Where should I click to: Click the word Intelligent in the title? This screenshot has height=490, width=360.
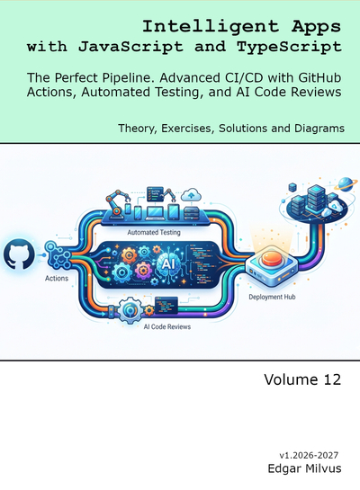coord(211,27)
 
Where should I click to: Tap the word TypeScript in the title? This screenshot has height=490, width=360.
coord(289,47)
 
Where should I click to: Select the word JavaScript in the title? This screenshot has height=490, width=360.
coord(130,47)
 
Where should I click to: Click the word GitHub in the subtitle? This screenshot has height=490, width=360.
coord(319,77)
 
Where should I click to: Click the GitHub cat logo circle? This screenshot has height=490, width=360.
coord(19,254)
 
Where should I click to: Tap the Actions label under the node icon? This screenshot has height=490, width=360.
coord(57,278)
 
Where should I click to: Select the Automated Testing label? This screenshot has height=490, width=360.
coord(154,233)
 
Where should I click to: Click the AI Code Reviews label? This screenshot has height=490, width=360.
coord(167,327)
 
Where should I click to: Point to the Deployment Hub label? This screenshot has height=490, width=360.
coord(272,297)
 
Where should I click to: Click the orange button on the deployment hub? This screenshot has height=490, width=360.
coord(272,259)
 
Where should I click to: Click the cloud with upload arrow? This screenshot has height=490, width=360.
coord(191,195)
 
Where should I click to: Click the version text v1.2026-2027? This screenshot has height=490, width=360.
coord(309,455)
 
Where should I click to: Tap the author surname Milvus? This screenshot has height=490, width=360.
coord(323,468)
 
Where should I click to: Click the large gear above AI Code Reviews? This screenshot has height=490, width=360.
coord(130,309)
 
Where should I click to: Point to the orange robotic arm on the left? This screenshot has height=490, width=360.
coord(116,203)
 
